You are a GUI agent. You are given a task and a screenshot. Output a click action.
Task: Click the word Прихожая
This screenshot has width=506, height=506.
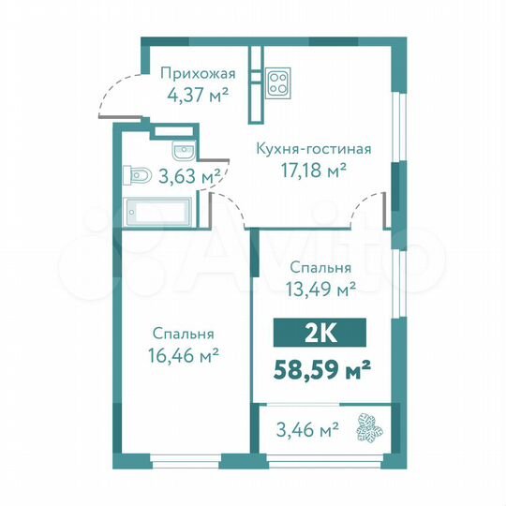coord(196,74)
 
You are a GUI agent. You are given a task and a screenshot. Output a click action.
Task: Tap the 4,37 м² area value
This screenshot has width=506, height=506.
coord(196,94)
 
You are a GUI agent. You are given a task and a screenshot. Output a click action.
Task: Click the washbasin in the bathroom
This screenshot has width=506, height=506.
coord(182,151)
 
